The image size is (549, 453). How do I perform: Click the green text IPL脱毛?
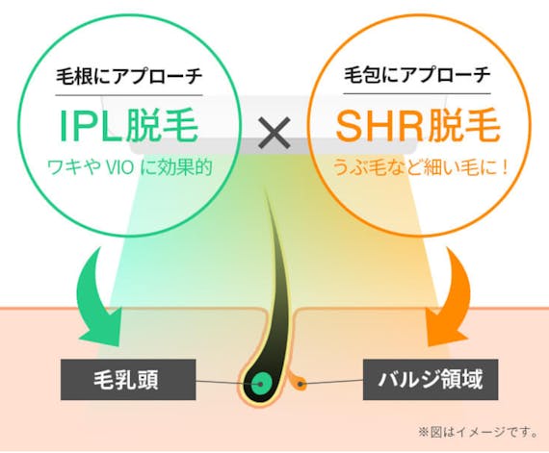click(x=129, y=126)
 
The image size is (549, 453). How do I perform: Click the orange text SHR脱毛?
click(x=418, y=125)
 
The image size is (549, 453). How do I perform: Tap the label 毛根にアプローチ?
click(x=129, y=76)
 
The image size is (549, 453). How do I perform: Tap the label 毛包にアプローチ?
click(x=417, y=75)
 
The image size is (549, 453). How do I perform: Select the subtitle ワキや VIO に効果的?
click(x=130, y=167)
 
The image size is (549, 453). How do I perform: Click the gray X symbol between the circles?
click(x=274, y=133)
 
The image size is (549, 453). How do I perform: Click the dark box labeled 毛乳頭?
click(x=128, y=380)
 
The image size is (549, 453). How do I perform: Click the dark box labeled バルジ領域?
click(x=431, y=380)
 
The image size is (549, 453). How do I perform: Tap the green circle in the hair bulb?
click(x=262, y=383)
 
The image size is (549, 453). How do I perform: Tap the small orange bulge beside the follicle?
click(x=299, y=383)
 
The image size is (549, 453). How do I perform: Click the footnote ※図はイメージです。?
click(x=479, y=433)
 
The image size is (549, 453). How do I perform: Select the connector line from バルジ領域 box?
click(x=331, y=382)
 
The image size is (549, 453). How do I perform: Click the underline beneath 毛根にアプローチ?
click(x=129, y=94)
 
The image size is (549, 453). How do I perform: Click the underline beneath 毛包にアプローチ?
click(x=417, y=93)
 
